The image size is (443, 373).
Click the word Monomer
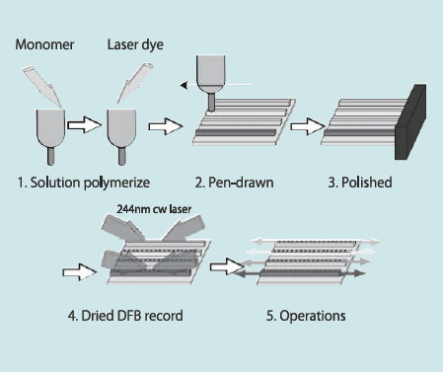(44, 44)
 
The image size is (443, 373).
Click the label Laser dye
(135, 44)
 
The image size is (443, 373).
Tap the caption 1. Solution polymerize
(84, 183)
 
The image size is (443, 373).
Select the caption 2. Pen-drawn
(234, 183)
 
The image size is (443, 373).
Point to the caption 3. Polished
(360, 183)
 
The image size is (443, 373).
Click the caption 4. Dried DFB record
(125, 316)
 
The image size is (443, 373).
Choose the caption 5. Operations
(306, 316)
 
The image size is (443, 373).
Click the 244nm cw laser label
(154, 209)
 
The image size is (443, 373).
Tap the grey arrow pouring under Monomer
(42, 86)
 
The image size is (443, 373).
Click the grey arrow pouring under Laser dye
(134, 83)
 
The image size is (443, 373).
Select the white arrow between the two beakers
(85, 125)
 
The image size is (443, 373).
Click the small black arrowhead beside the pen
(184, 85)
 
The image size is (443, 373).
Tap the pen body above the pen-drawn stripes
(211, 82)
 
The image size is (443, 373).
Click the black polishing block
(410, 122)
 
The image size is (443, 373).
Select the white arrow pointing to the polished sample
(308, 126)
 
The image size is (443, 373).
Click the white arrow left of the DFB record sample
(80, 272)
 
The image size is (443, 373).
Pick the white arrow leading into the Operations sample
(227, 266)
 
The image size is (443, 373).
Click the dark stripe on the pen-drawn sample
(236, 132)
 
